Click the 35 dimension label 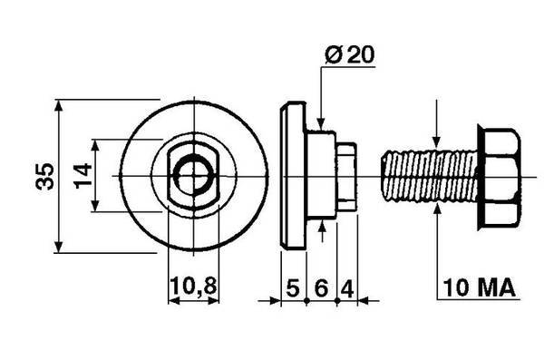[45, 176]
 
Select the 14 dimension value [83, 176]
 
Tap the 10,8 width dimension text [193, 287]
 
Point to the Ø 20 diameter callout [350, 54]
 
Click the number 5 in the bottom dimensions [293, 287]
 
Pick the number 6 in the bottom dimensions [321, 287]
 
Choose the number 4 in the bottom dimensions [347, 288]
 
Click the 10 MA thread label [479, 287]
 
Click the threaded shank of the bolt [430, 176]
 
